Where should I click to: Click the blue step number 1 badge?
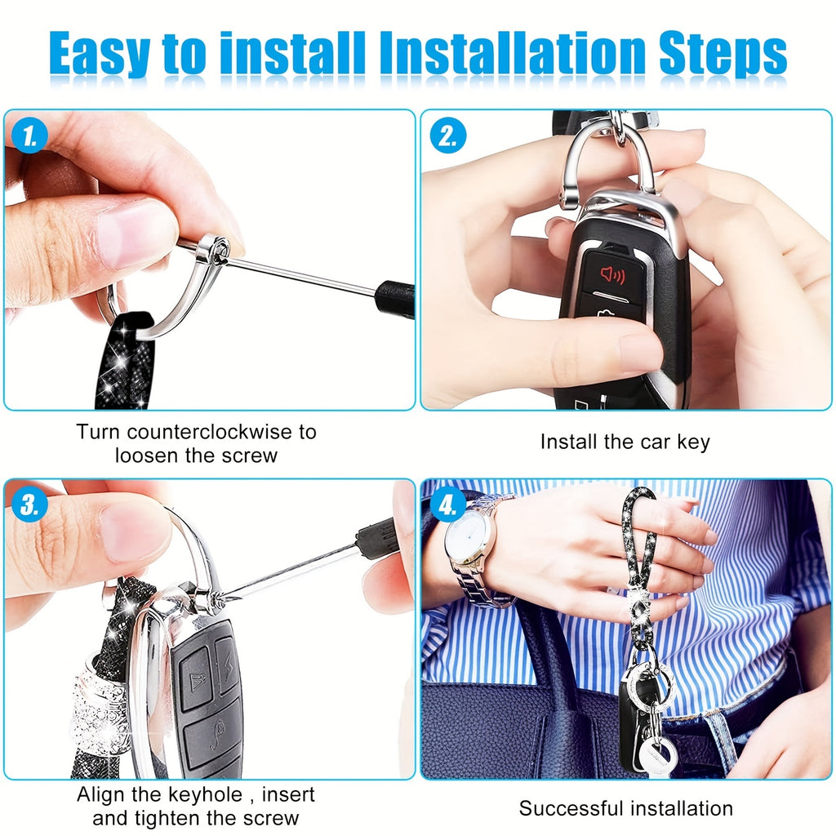point(30,136)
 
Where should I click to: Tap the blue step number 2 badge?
point(448,136)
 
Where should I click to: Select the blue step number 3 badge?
point(30,505)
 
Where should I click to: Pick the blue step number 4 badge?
point(448,505)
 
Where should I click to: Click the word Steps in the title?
point(723,54)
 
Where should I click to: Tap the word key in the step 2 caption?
point(693,442)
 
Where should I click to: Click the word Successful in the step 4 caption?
point(571,809)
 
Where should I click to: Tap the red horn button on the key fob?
point(613,275)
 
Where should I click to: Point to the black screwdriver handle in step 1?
point(395,299)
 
